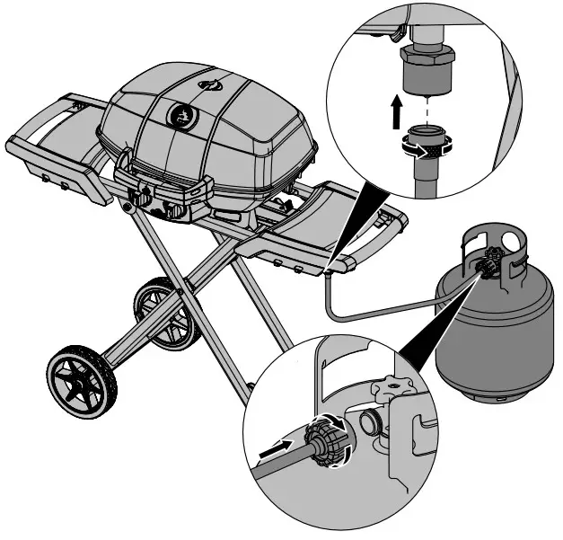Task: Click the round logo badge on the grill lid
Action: (x=183, y=116)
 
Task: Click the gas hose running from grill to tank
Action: (x=377, y=310)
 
